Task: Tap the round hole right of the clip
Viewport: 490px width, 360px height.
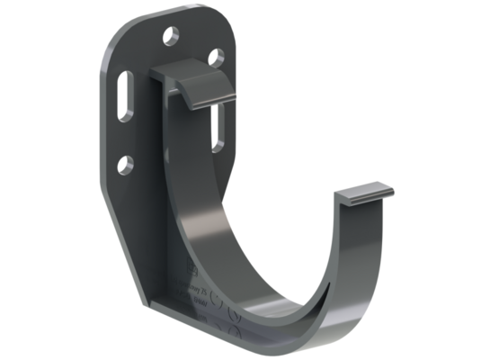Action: pyautogui.click(x=216, y=58)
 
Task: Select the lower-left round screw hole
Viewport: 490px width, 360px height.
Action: pyautogui.click(x=125, y=165)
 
